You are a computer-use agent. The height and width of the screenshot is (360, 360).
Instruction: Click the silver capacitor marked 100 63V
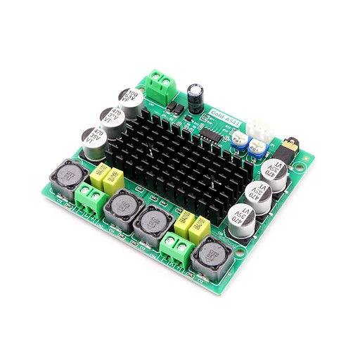131,99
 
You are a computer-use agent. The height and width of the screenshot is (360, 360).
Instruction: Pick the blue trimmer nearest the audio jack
257,146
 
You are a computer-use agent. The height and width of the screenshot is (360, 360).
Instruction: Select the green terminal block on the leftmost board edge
90,198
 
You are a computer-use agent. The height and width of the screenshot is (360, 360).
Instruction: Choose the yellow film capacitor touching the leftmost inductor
99,173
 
